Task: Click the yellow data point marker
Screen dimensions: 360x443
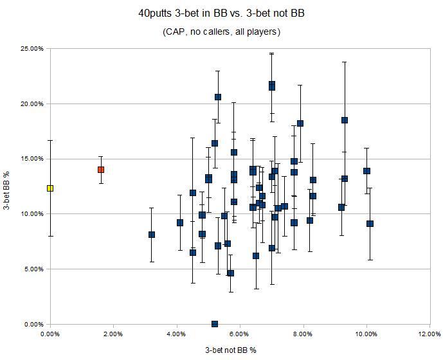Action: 50,188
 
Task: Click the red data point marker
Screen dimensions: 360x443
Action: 101,170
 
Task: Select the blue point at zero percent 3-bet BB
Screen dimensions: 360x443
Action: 215,324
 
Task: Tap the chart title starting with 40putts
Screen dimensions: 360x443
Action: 222,13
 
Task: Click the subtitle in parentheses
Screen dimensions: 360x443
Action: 222,31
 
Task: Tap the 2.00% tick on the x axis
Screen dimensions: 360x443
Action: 113,335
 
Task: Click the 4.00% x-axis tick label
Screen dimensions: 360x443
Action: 177,335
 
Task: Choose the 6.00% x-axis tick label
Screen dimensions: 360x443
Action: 240,335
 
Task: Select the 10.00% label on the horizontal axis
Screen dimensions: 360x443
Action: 366,335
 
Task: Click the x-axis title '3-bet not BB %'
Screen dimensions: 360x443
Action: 231,350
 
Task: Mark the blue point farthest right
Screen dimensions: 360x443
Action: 370,224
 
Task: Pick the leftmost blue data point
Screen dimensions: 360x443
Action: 152,235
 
